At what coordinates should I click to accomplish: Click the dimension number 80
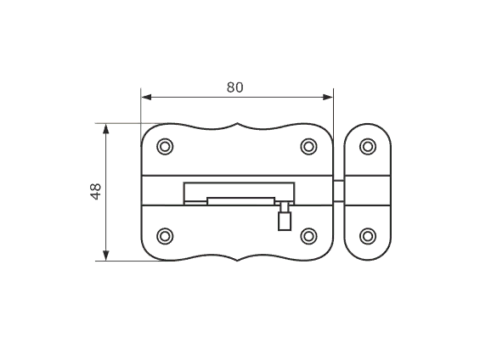click(234, 87)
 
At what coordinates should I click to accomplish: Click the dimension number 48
click(96, 191)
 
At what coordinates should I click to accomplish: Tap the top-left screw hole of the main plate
click(165, 147)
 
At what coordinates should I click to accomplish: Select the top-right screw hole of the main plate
click(308, 147)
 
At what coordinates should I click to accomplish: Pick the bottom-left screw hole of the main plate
click(165, 236)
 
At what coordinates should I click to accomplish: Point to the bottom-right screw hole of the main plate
click(308, 236)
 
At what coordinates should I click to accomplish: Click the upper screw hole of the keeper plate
click(368, 147)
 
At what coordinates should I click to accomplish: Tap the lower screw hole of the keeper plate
click(368, 236)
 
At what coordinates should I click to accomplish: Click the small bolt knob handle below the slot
click(285, 221)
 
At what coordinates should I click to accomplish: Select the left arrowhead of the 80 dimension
click(146, 97)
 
